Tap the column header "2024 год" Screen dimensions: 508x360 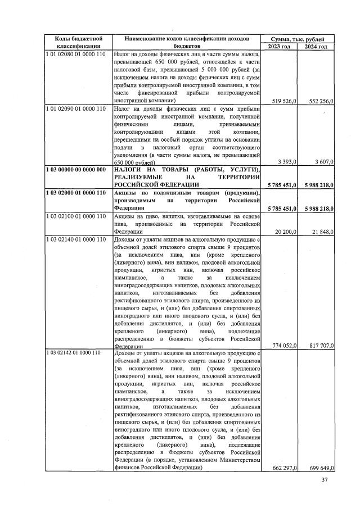coord(316,46)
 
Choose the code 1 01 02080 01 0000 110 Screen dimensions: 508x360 coord(76,54)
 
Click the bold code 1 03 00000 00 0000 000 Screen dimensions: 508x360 coord(76,170)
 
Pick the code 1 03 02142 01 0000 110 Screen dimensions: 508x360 coord(76,353)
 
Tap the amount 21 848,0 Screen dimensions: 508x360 coord(319,231)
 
